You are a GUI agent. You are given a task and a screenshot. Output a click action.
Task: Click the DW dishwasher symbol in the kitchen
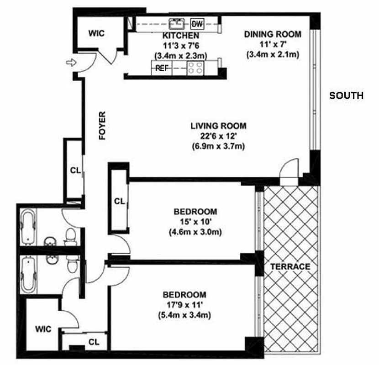[x=197, y=24]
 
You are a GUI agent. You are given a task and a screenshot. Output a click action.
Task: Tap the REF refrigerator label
[x=162, y=68]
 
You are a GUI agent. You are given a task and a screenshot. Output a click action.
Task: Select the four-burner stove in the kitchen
[x=195, y=68]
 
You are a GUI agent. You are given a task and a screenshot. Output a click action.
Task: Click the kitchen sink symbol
[x=176, y=24]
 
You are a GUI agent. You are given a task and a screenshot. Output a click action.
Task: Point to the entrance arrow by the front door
[x=71, y=63]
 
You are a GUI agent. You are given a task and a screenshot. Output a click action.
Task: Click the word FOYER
[x=102, y=125]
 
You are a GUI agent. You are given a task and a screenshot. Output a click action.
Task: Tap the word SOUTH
[x=347, y=96]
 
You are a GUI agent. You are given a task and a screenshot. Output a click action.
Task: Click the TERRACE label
[x=290, y=267]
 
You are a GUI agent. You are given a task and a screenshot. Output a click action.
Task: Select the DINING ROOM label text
[x=273, y=34]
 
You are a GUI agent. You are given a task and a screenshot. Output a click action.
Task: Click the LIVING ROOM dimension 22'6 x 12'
[x=218, y=136]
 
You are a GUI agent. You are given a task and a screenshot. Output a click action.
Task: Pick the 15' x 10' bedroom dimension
[x=195, y=222]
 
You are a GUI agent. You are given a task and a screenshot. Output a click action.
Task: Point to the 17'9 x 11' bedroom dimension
[x=184, y=305]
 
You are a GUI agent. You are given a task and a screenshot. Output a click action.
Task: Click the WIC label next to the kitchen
[x=96, y=33]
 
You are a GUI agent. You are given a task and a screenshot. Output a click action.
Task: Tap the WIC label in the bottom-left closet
[x=43, y=329]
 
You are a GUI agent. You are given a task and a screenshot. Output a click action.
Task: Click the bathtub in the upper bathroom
[x=28, y=227]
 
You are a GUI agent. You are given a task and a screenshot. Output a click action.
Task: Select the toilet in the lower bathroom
[x=72, y=264]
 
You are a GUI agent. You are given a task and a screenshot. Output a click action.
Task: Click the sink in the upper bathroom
[x=50, y=241]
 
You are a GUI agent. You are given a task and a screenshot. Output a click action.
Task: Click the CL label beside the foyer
[x=75, y=171]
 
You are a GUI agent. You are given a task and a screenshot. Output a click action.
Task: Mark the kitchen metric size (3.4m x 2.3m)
[x=181, y=56]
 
